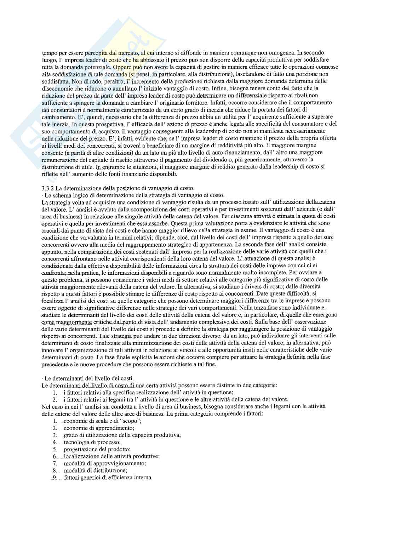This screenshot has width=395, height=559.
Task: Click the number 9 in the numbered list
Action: pos(55,477)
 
